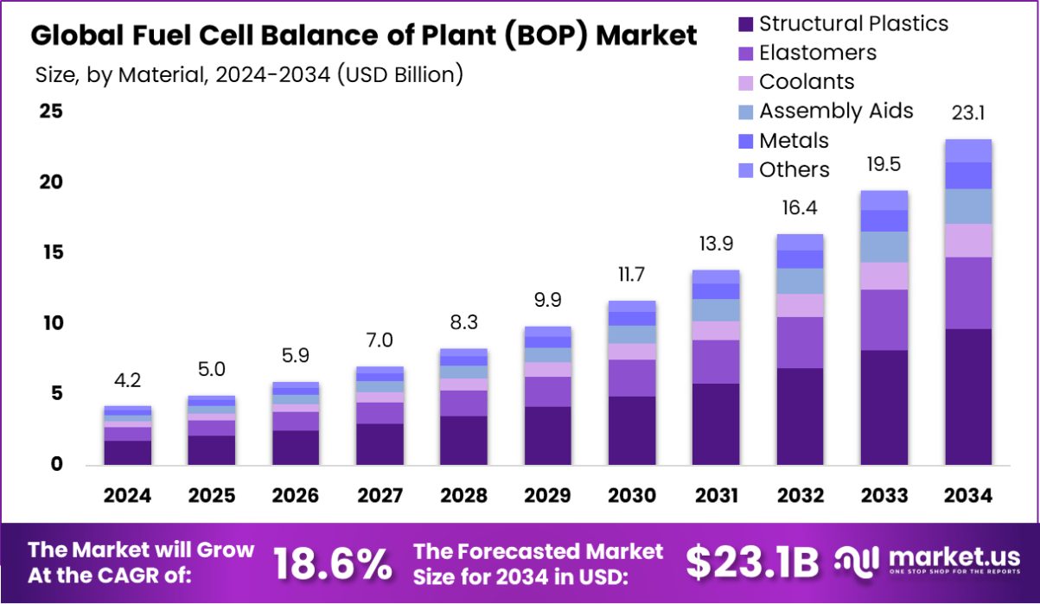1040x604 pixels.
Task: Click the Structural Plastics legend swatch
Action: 744,24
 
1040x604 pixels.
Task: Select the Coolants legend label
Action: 807,82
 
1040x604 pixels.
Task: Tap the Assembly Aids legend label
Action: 836,111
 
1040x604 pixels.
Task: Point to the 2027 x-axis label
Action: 380,496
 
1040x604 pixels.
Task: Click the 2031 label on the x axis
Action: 717,496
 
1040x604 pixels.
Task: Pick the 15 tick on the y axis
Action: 50,253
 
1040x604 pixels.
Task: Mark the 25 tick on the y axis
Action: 50,111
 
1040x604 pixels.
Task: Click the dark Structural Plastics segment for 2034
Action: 967,397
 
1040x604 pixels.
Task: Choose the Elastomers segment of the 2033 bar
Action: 884,320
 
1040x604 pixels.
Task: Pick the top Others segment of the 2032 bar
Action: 800,242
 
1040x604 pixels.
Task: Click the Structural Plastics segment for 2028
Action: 463,440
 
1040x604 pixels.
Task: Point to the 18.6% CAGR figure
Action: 333,564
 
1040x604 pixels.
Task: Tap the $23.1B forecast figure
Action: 751,564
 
